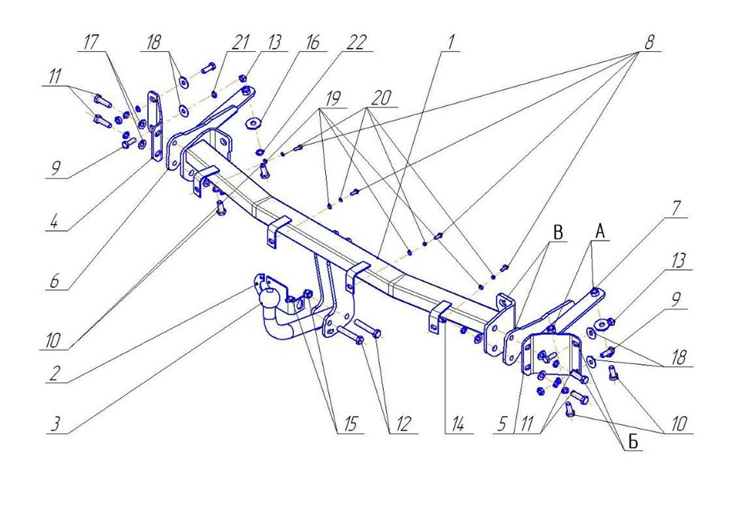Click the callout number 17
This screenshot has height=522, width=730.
point(92,43)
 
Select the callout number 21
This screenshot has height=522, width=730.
point(240,43)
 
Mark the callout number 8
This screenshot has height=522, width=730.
point(647,43)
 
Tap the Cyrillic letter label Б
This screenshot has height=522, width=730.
point(632,442)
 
